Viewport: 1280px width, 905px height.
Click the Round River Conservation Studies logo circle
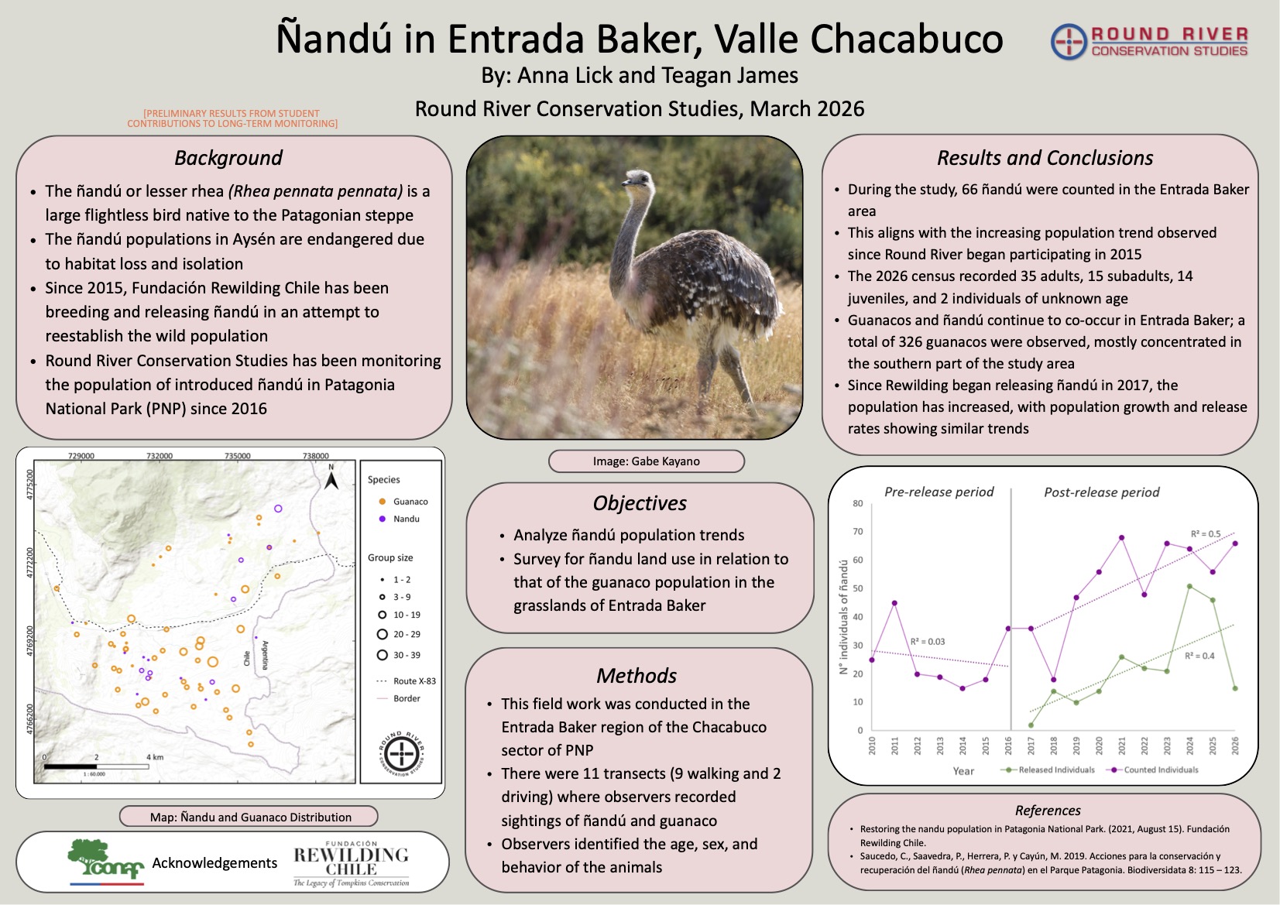(x=1068, y=42)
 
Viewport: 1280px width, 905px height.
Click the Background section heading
(x=228, y=158)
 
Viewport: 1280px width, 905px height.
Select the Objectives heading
(x=640, y=502)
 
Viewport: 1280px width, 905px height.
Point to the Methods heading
(x=637, y=675)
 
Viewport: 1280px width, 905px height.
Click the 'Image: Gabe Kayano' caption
(x=647, y=461)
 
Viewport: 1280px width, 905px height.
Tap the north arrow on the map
(x=331, y=476)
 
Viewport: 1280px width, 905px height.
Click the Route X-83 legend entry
(x=407, y=681)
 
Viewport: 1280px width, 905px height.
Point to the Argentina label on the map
(x=265, y=655)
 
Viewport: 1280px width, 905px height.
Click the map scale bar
(x=96, y=766)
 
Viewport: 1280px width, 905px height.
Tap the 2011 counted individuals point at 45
(x=894, y=603)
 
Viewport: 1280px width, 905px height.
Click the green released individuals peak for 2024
(x=1189, y=586)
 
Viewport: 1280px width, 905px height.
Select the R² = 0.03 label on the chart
(x=928, y=642)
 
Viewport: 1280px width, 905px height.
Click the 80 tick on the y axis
(x=858, y=503)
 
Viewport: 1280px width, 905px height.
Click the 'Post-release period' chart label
(x=1102, y=492)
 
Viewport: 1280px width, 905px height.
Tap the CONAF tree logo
(x=106, y=860)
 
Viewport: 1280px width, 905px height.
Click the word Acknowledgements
(x=214, y=862)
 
